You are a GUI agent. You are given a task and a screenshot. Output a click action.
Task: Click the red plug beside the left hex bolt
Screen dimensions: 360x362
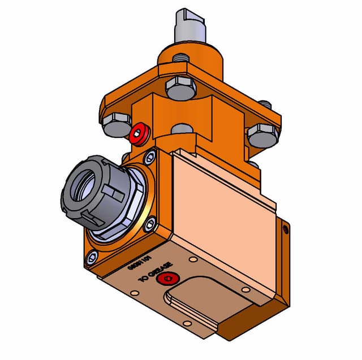tap(139, 135)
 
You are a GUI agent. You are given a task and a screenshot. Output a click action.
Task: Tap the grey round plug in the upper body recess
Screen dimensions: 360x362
tap(180, 129)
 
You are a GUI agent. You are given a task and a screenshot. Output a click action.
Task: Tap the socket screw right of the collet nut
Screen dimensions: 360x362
tap(149, 225)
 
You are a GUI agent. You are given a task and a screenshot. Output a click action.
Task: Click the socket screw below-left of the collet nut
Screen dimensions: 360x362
tap(90, 258)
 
